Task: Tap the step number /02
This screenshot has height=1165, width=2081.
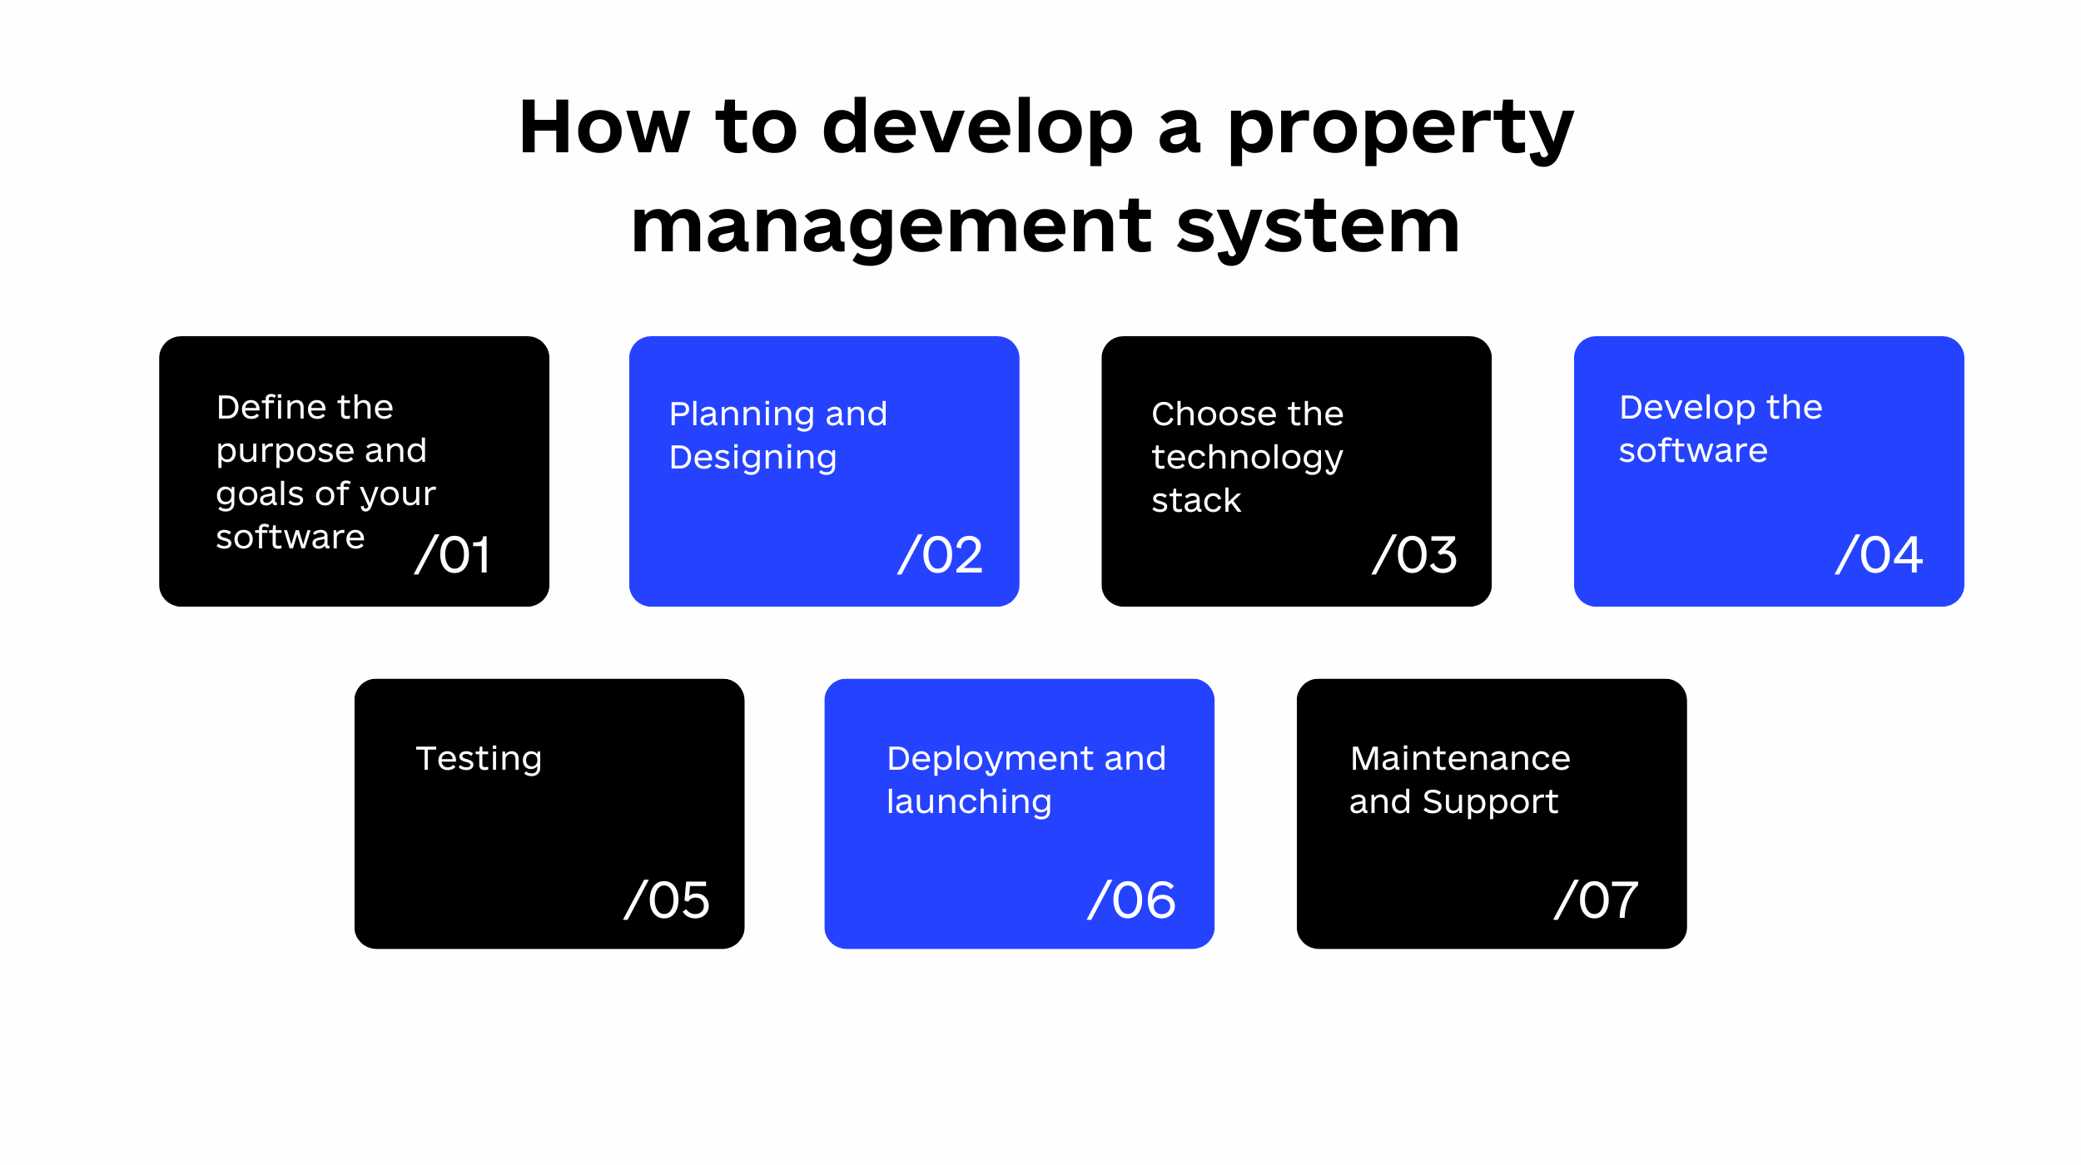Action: click(941, 554)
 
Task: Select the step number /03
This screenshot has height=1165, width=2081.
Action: click(1414, 554)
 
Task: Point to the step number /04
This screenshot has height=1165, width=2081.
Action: click(1879, 554)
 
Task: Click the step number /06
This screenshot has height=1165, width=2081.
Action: click(1131, 900)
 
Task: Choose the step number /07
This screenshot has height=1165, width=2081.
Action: click(1596, 900)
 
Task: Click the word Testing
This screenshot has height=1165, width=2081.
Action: click(479, 760)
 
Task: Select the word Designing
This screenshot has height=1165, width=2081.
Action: click(753, 459)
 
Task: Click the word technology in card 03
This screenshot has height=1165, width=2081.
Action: click(1247, 459)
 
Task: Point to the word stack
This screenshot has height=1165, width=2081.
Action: click(1196, 501)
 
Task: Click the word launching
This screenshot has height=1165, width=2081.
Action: click(969, 803)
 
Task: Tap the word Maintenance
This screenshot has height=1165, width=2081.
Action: click(1460, 759)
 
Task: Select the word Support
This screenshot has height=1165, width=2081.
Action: click(1490, 803)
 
